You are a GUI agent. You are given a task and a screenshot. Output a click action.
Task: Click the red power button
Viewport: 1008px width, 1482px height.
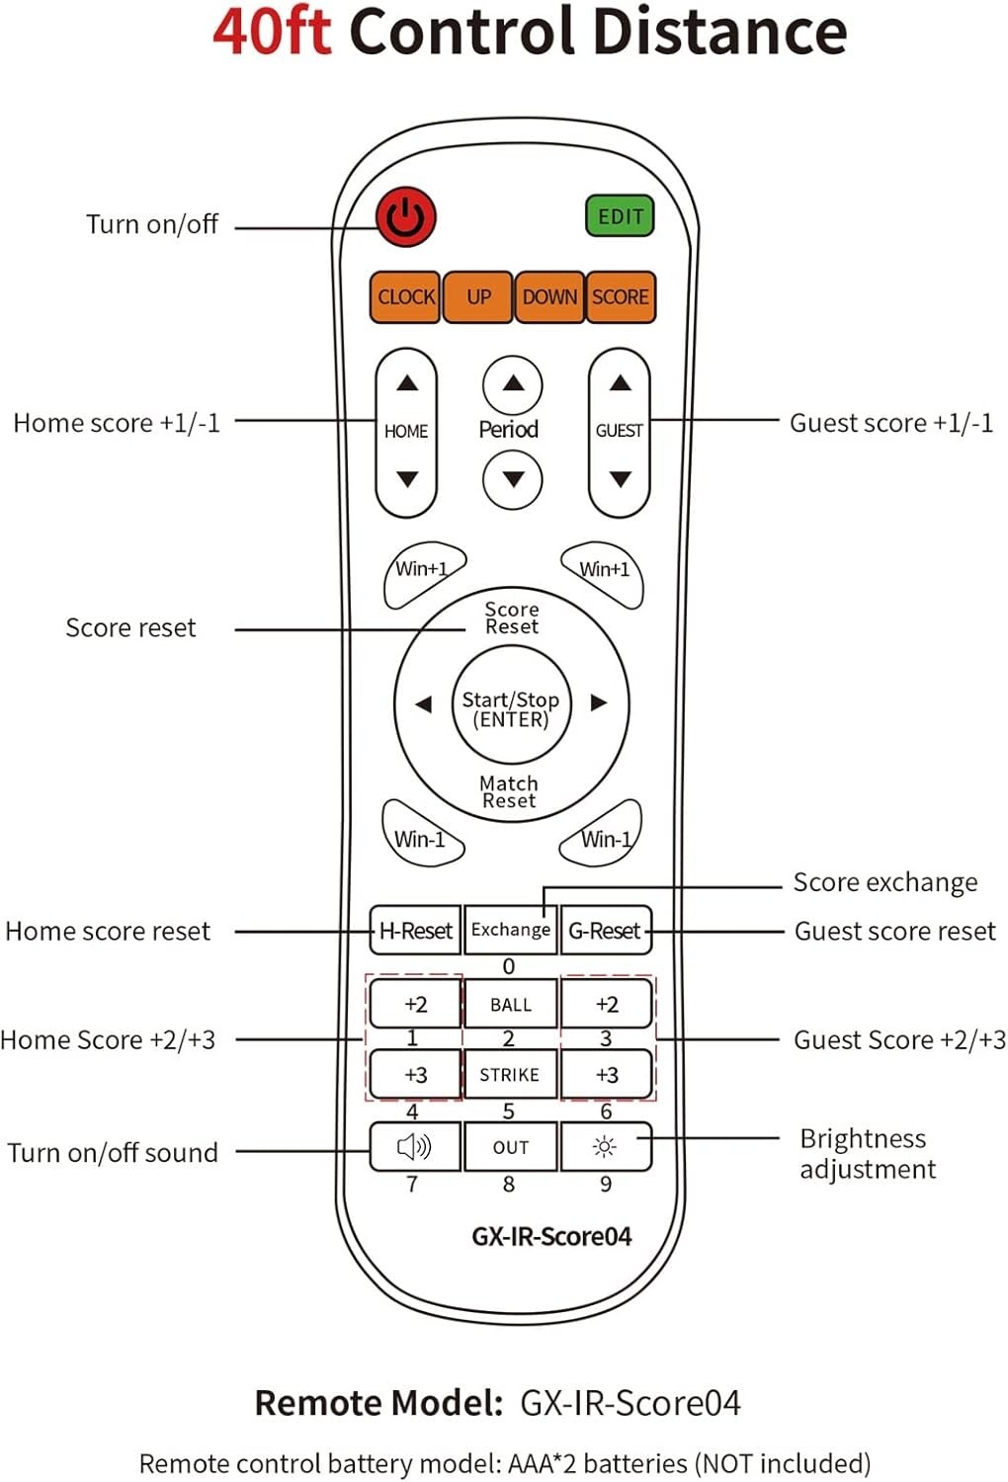click(x=406, y=217)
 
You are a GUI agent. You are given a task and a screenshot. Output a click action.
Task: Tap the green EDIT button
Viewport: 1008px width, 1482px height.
click(x=620, y=215)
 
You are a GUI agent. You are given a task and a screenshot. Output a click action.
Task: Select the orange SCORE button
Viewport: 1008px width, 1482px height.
click(x=621, y=297)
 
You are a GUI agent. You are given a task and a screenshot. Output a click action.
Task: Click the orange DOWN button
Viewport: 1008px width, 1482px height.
click(x=549, y=297)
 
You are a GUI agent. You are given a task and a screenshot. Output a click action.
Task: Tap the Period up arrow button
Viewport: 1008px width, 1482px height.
click(x=512, y=385)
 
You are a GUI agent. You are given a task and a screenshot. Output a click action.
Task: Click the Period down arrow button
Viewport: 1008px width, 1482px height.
click(x=512, y=479)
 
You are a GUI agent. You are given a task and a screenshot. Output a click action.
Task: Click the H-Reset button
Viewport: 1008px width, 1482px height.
click(x=415, y=931)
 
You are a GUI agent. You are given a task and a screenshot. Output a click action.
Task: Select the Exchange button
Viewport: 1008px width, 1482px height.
click(x=510, y=931)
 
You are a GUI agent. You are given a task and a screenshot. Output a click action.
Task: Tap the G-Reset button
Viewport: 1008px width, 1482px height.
click(x=606, y=931)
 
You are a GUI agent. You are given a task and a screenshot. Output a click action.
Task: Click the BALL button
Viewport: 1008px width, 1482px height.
click(x=510, y=1005)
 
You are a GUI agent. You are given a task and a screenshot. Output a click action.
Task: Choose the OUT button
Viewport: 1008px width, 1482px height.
click(x=510, y=1146)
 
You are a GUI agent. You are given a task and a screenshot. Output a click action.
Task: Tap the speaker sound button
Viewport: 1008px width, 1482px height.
click(x=415, y=1146)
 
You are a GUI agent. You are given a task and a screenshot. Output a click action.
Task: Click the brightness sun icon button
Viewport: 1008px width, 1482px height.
click(x=606, y=1146)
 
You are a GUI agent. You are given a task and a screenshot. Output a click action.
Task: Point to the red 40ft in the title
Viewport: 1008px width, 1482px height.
click(x=272, y=33)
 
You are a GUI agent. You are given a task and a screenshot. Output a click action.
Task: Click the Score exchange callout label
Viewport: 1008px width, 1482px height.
click(x=884, y=882)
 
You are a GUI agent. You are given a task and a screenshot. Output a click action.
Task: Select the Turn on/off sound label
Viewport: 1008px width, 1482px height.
click(x=113, y=1153)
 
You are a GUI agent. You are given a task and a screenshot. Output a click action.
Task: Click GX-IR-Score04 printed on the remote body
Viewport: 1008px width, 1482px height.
click(x=551, y=1237)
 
